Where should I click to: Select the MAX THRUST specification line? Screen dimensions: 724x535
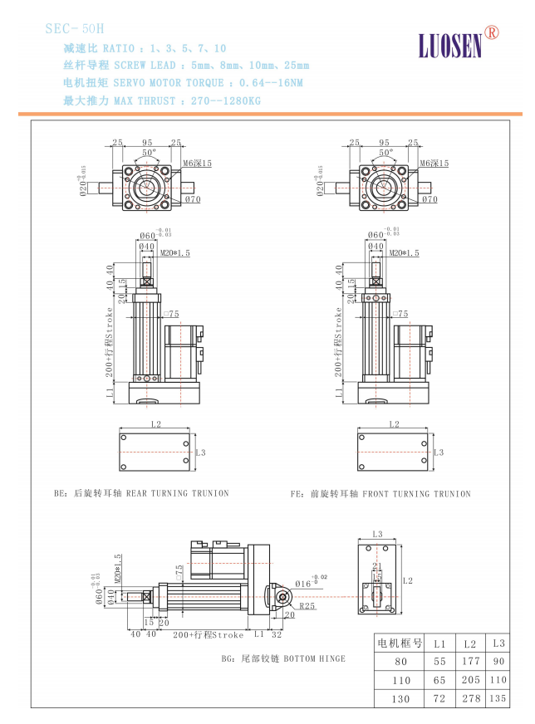pos(161,100)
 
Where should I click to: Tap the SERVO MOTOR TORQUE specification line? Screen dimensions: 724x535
pos(183,83)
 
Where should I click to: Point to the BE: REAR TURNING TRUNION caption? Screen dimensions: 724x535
pos(141,493)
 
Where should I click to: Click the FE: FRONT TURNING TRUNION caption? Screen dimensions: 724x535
pos(380,494)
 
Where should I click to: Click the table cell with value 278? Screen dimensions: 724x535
pos(471,699)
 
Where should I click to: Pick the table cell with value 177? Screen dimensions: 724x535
pos(471,661)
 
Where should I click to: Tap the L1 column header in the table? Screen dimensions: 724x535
pos(440,643)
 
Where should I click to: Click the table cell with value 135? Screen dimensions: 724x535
pos(499,699)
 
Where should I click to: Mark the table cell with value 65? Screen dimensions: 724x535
pos(440,680)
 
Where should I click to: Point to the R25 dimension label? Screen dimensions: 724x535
pos(307,606)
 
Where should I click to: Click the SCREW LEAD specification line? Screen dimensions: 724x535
pos(186,66)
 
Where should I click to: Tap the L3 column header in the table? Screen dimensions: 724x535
pos(499,643)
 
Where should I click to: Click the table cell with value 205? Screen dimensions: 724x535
pos(471,680)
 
